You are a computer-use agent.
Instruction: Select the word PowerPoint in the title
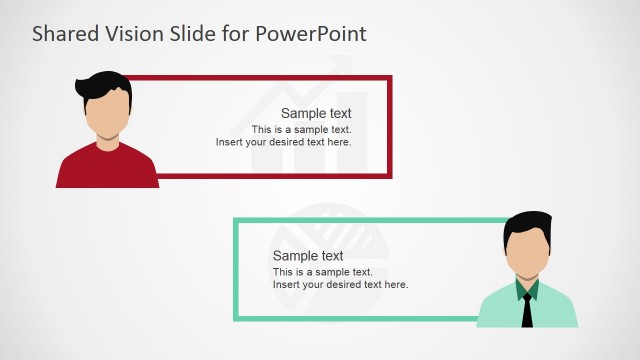tap(311, 33)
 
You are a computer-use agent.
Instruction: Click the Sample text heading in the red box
tap(316, 114)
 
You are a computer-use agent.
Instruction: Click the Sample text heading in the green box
tap(308, 256)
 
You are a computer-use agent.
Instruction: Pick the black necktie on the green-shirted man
tap(526, 310)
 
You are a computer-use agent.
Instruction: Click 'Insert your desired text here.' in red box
tap(283, 142)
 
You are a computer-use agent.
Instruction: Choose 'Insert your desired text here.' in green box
tap(340, 285)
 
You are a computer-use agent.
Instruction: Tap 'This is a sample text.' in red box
tap(301, 130)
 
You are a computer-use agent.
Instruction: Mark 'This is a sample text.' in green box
tap(322, 272)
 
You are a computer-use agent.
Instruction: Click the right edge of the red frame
tap(389, 127)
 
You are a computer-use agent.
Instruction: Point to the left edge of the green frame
tap(236, 269)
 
